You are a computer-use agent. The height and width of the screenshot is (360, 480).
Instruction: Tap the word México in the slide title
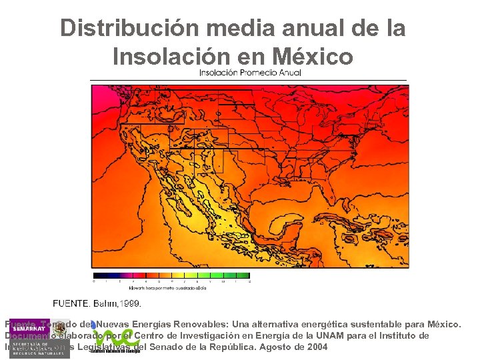point(312,57)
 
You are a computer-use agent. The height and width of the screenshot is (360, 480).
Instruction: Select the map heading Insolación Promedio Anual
point(250,73)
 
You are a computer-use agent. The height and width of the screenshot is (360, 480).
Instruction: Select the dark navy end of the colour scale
point(97,275)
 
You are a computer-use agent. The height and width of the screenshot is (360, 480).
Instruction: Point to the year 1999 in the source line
point(130,303)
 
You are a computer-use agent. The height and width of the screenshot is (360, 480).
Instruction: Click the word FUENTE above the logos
point(69,303)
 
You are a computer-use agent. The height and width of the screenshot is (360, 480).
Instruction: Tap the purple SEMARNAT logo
point(29,327)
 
